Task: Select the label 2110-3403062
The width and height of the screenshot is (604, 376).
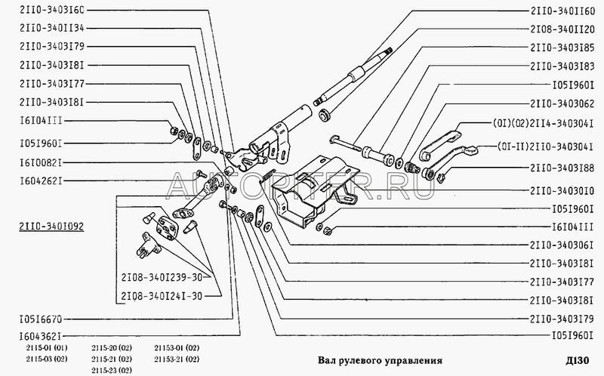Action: (x=562, y=103)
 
